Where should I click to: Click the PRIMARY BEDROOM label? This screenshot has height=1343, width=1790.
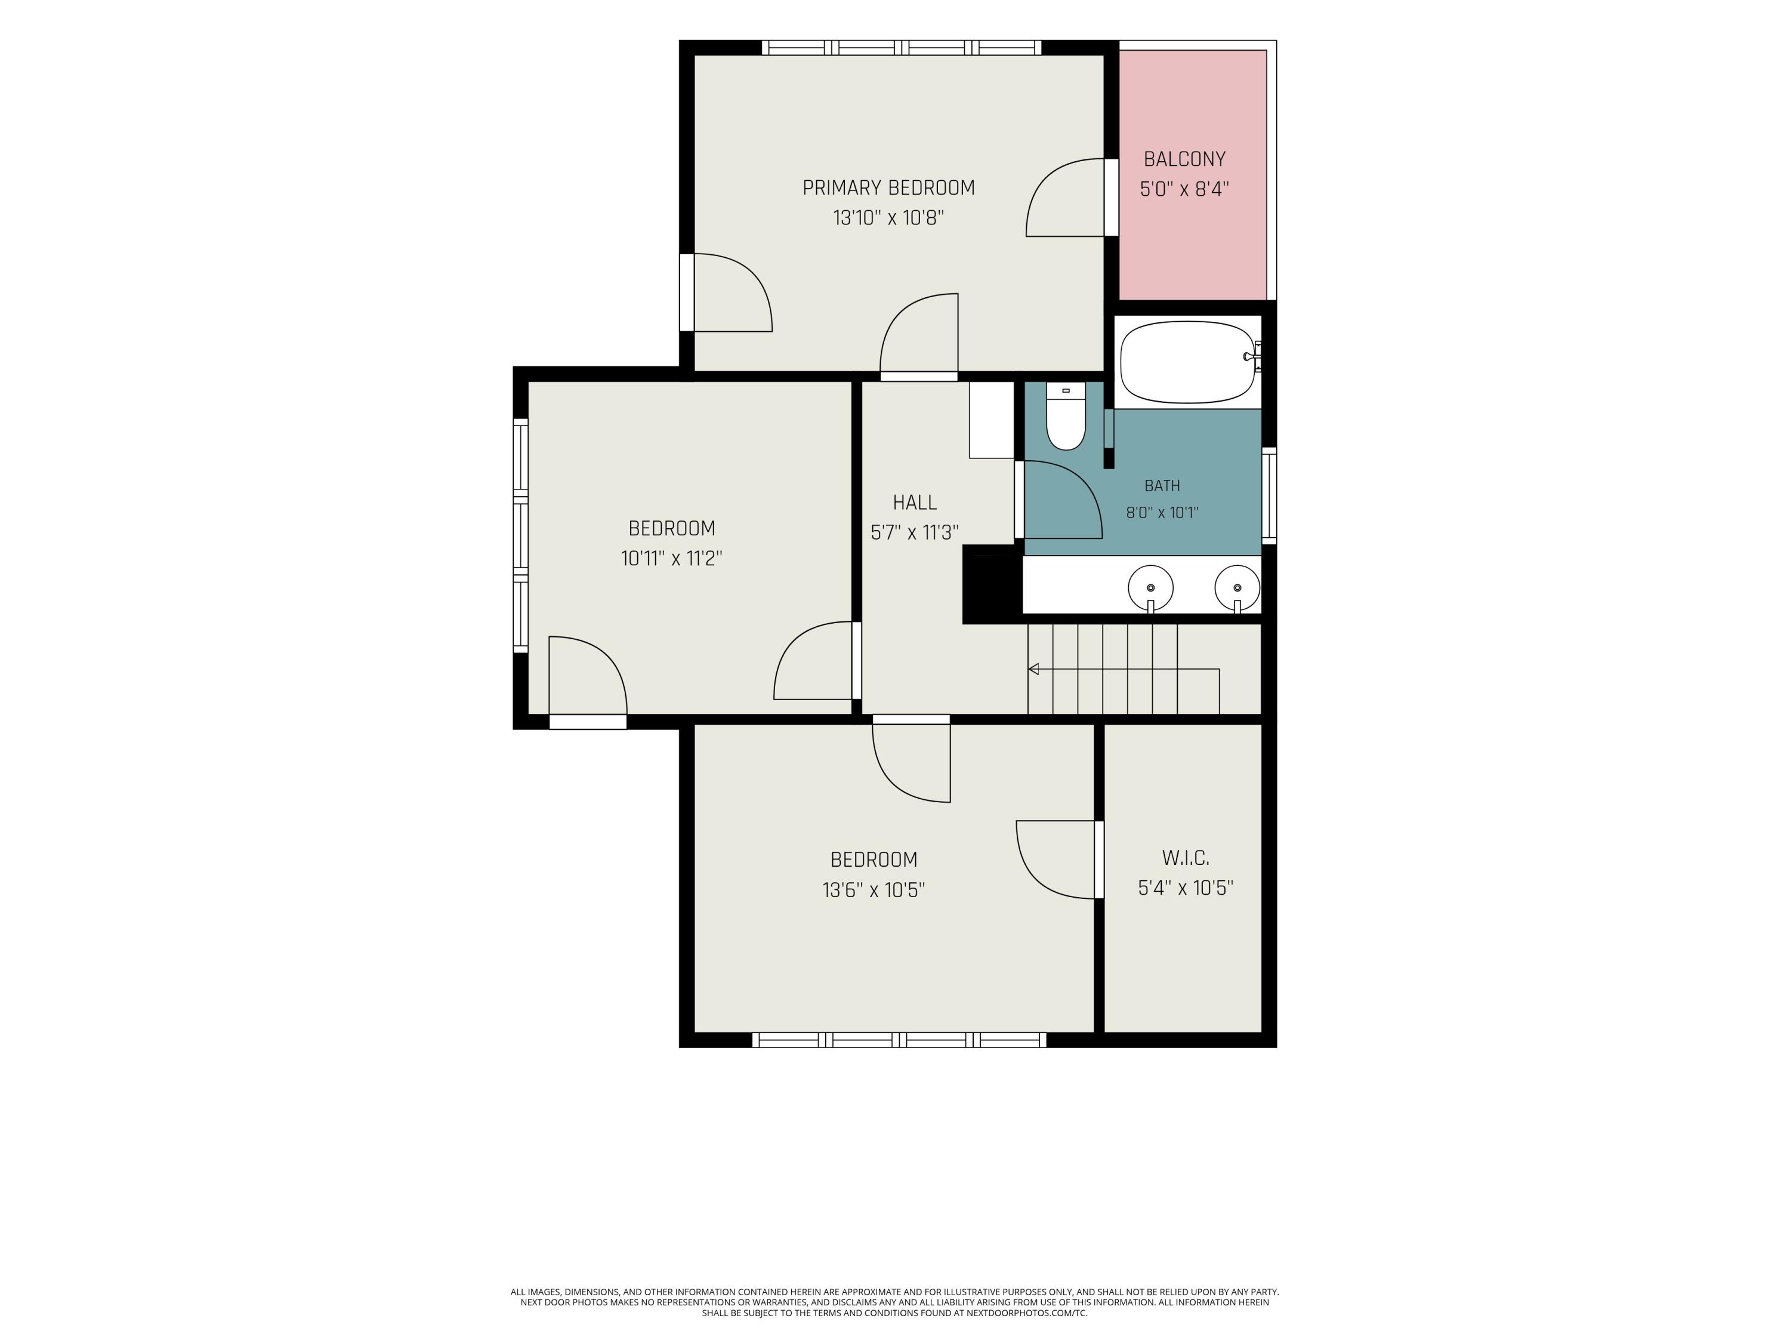click(888, 188)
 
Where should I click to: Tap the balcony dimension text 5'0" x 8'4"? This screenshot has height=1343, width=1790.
click(1185, 189)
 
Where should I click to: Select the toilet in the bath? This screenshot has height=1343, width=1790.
click(1066, 416)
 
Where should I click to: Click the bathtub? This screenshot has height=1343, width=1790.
click(1188, 362)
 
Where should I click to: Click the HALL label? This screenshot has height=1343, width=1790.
click(915, 503)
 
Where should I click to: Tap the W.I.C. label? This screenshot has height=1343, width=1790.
click(1186, 858)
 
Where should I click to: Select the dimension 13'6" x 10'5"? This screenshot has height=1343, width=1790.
click(874, 891)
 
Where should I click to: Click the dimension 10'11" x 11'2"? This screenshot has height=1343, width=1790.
click(672, 559)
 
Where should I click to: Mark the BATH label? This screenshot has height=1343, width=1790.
click(1162, 486)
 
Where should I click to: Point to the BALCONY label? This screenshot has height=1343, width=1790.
click(1185, 159)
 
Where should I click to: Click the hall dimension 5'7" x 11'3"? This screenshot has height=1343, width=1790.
click(915, 532)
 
